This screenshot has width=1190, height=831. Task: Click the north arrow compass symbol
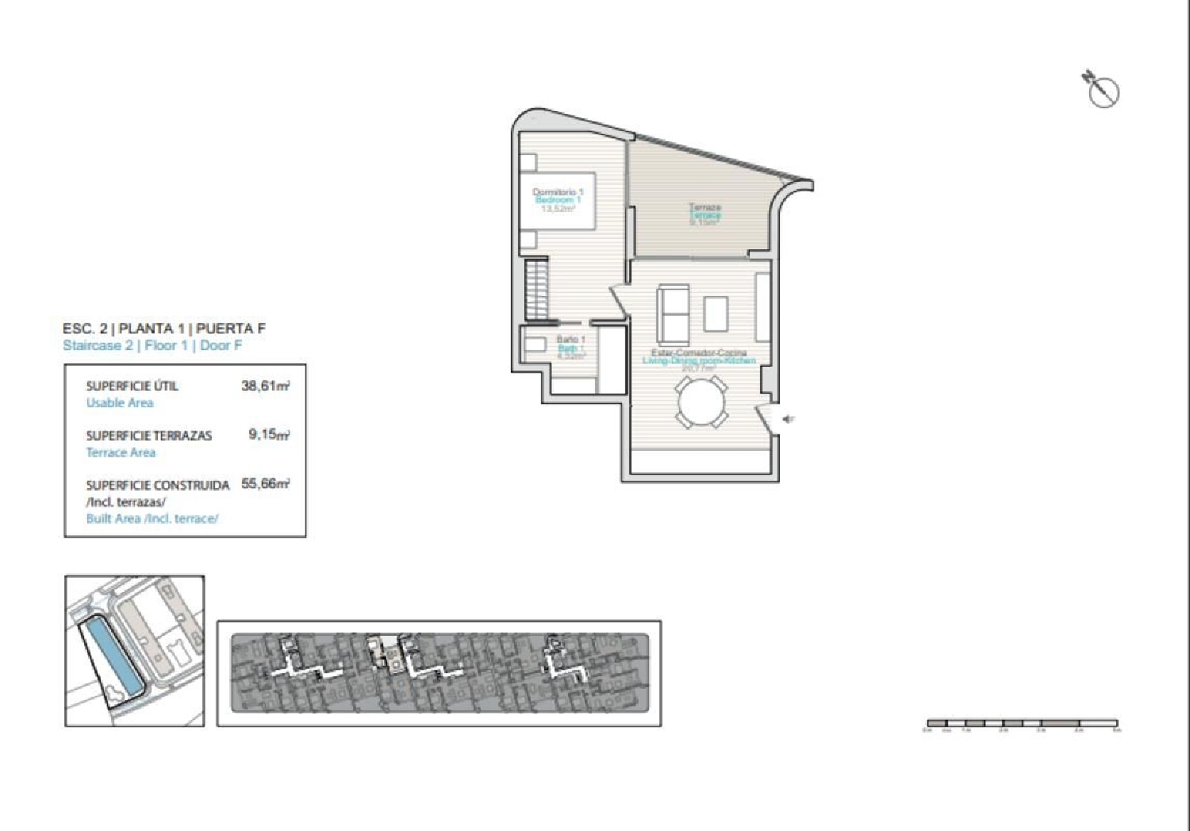[1101, 90]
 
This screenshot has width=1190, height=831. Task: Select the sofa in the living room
[673, 312]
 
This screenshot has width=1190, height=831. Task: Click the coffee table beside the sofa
[716, 313]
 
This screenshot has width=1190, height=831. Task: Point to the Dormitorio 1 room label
[558, 192]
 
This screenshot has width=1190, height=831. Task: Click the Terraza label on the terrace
[704, 207]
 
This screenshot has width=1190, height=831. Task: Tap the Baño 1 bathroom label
[570, 340]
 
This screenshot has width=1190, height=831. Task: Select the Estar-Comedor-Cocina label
[699, 353]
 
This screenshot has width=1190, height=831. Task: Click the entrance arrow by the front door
[789, 419]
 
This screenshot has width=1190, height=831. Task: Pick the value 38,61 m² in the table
[265, 387]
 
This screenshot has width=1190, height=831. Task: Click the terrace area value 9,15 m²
[269, 435]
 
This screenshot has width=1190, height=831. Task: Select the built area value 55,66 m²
[265, 483]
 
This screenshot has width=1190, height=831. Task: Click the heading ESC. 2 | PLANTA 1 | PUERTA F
[163, 328]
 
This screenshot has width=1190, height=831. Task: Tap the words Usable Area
[120, 402]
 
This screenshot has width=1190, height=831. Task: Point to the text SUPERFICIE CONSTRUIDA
[158, 484]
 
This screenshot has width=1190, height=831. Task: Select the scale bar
[1022, 723]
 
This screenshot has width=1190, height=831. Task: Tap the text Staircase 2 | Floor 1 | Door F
[152, 345]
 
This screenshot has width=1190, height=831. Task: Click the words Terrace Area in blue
[121, 452]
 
